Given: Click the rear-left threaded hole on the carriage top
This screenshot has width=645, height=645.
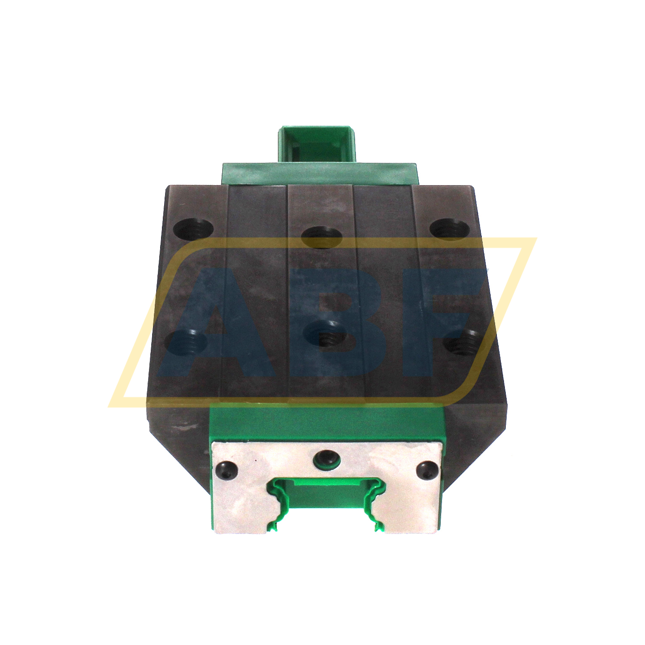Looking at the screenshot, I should click(x=194, y=229).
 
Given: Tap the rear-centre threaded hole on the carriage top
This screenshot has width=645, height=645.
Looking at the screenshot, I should click(x=321, y=236).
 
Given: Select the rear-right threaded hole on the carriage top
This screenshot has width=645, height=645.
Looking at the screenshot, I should click(x=450, y=228).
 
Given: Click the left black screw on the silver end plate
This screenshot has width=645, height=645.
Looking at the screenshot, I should click(x=226, y=469).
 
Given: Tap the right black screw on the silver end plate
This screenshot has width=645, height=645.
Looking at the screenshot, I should click(x=427, y=470).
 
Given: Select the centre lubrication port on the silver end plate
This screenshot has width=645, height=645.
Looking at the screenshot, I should click(x=326, y=459).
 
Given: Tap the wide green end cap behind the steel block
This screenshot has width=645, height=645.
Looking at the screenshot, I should click(x=320, y=173).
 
